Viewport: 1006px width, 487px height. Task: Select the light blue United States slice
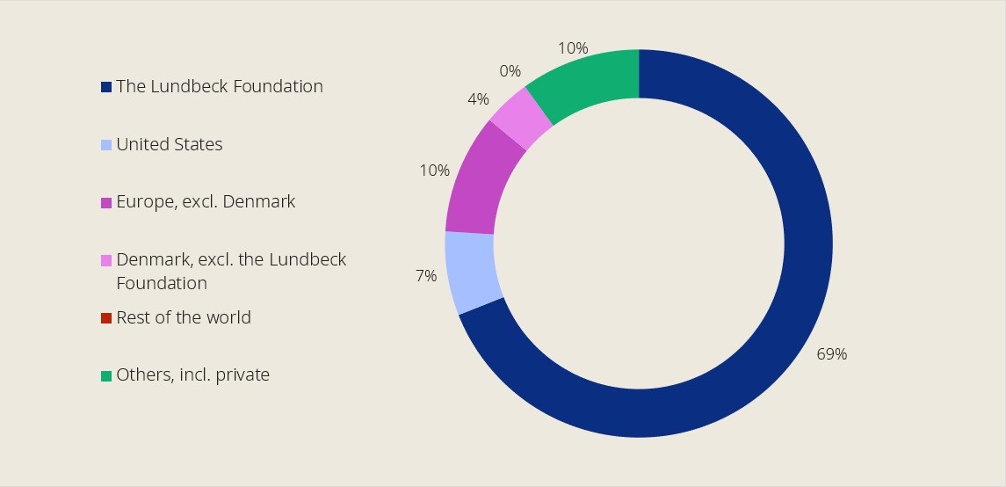point(473,273)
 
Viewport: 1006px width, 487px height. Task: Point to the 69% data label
point(830,354)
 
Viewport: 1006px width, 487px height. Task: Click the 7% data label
point(425,276)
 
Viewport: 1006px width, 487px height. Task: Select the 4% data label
point(478,99)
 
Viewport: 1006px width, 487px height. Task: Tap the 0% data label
point(510,71)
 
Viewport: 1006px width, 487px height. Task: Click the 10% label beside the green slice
point(572,48)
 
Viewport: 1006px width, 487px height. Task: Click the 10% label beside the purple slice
point(434,170)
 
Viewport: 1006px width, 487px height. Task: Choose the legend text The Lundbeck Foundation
point(220,86)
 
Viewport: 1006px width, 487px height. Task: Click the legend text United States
point(170,144)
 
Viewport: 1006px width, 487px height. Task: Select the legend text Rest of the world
point(184,317)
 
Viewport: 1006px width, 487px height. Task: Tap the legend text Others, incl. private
point(192,374)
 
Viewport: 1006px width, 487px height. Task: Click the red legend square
point(106,318)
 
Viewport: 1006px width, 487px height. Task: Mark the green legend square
point(106,376)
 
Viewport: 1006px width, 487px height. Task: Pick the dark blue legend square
point(106,87)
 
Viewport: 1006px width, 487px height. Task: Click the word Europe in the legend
point(142,202)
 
